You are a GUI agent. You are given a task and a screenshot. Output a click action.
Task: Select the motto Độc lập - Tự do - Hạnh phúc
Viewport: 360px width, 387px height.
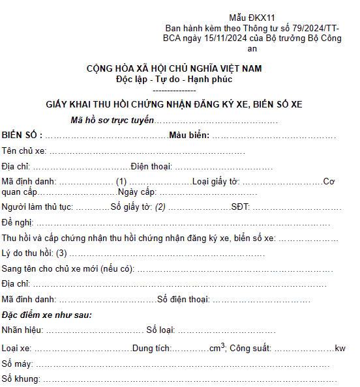click(174, 79)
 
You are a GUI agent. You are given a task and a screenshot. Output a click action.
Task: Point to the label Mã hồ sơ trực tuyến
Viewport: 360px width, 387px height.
click(112, 121)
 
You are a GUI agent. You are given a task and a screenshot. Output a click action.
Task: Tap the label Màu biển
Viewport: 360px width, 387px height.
click(188, 135)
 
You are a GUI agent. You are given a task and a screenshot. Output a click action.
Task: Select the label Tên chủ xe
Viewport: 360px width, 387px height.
click(23, 150)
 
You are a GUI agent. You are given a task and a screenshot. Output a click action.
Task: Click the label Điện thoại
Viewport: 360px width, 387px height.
click(151, 166)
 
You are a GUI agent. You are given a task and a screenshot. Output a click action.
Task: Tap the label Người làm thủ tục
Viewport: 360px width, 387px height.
click(38, 207)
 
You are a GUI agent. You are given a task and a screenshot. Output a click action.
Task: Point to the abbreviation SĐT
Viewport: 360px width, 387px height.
click(240, 207)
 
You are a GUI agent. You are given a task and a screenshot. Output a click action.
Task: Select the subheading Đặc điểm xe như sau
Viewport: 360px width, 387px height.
click(46, 315)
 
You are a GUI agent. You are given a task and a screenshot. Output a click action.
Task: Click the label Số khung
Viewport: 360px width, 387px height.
click(21, 379)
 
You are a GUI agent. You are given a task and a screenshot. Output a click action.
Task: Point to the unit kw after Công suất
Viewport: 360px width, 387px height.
click(340, 349)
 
